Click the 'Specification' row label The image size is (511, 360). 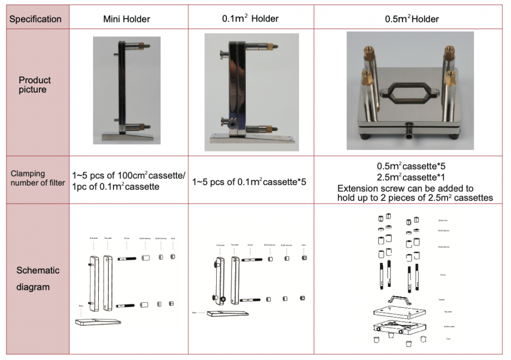point(35,19)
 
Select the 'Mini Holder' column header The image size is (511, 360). point(126,19)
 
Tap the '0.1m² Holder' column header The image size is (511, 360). point(250,19)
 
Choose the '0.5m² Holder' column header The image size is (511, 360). point(411,19)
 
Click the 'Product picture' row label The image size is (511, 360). point(35,85)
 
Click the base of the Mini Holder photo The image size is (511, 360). point(128,136)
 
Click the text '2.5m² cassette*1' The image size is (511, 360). point(412,177)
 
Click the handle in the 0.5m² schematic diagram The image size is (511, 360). point(399,300)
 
